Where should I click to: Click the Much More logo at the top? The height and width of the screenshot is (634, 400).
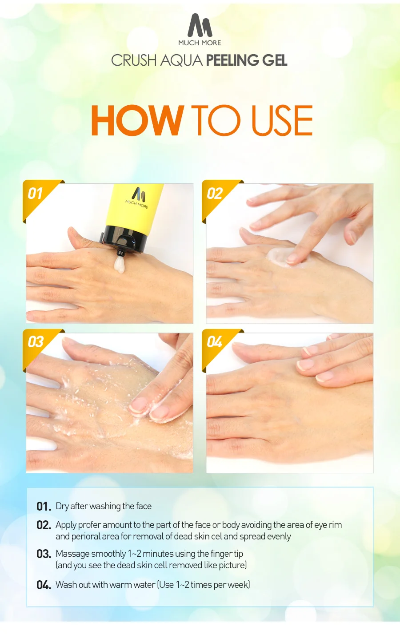point(200,30)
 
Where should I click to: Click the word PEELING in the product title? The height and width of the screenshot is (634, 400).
point(232,60)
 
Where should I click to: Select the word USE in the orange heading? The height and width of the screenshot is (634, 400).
point(282,120)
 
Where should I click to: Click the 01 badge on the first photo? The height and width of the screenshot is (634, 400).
point(35,194)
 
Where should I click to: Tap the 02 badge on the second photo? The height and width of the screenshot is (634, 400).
point(215,194)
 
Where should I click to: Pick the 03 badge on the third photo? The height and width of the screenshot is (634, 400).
point(36,342)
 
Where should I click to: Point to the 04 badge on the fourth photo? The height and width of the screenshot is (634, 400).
point(215,342)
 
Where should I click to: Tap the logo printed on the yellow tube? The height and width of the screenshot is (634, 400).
point(137,198)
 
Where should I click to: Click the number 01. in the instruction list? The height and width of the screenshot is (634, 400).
point(44,506)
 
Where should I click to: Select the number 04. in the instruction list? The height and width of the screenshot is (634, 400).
point(44,585)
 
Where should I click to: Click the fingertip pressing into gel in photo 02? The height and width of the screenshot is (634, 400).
point(292,258)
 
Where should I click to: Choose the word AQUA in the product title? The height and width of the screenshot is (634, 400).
point(181,60)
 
